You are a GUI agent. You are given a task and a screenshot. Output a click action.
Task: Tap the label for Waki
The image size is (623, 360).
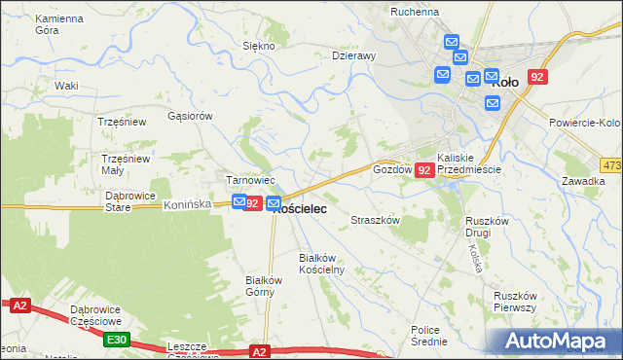click(x=66, y=86)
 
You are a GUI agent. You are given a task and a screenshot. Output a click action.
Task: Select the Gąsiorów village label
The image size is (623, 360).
click(x=190, y=115)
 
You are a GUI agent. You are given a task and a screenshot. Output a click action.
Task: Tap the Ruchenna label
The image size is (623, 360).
click(x=415, y=12)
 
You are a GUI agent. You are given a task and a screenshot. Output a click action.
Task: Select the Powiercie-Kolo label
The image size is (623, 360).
click(x=584, y=123)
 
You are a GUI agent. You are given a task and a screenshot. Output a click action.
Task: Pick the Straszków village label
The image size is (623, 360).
click(x=376, y=221)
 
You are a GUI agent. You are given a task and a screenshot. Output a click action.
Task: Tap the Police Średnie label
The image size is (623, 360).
click(x=429, y=336)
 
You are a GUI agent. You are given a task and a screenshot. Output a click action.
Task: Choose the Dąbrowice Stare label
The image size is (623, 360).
click(x=130, y=200)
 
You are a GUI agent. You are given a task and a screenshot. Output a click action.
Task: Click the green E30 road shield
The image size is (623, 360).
click(x=116, y=339)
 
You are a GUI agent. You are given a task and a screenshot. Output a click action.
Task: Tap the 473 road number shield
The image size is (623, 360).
click(x=611, y=166)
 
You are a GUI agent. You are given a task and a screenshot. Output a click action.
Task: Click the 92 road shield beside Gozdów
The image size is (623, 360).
click(x=423, y=170)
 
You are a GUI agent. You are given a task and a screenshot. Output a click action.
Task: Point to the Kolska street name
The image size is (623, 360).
click(x=475, y=257)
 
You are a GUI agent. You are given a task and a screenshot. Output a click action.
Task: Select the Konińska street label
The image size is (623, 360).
click(x=188, y=205)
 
